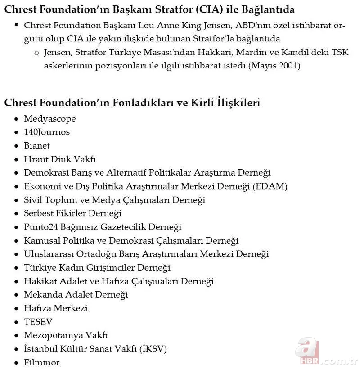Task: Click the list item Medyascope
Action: [x=49, y=119]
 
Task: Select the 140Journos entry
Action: [x=47, y=132]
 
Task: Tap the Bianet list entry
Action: [x=37, y=146]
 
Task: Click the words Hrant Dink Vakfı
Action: [x=60, y=159]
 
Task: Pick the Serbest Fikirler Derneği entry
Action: [x=72, y=213]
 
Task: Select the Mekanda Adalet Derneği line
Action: [x=76, y=295]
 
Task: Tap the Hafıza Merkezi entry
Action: [x=56, y=308]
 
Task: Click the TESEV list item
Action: [x=38, y=322]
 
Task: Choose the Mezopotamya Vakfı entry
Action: [x=66, y=335]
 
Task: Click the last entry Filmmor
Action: [x=42, y=362]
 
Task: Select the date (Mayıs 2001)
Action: [x=274, y=66]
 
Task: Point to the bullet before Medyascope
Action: [x=16, y=119]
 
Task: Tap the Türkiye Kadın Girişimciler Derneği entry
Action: [x=97, y=268]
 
